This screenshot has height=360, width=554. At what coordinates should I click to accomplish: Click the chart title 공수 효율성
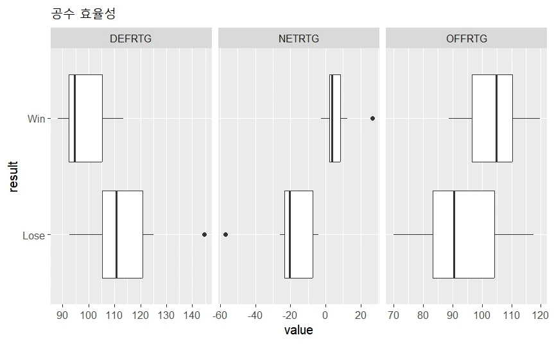tap(83, 13)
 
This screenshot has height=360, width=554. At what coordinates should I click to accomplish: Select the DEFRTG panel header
tap(131, 39)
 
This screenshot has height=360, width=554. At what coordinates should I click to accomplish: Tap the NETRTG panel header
tap(299, 39)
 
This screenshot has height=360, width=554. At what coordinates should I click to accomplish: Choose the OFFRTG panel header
tap(467, 39)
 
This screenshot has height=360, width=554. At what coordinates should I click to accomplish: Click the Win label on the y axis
tap(36, 119)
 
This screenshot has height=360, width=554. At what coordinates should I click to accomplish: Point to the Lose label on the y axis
tap(33, 236)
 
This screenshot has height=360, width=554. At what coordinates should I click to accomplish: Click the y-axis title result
tap(13, 176)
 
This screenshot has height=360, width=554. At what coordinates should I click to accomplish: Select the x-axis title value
tap(299, 330)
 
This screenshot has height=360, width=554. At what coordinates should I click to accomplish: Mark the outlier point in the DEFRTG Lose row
tap(204, 235)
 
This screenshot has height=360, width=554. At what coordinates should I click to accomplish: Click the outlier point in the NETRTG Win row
tap(372, 118)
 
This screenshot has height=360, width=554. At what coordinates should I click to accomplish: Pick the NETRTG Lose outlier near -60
tap(225, 235)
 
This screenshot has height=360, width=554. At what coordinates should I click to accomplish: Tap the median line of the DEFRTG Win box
tap(74, 118)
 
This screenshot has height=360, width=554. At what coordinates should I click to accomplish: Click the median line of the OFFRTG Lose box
tap(454, 234)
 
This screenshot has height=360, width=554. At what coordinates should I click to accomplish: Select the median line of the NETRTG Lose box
tap(290, 234)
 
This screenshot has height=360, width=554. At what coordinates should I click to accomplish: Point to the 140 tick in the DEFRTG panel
tap(192, 315)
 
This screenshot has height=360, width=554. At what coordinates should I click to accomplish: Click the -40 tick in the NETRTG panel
tap(255, 315)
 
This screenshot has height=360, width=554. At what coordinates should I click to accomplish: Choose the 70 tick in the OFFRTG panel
tap(394, 315)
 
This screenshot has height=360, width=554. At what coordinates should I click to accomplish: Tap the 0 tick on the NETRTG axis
tap(325, 315)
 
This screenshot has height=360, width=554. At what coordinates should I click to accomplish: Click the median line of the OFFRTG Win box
tap(496, 118)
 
